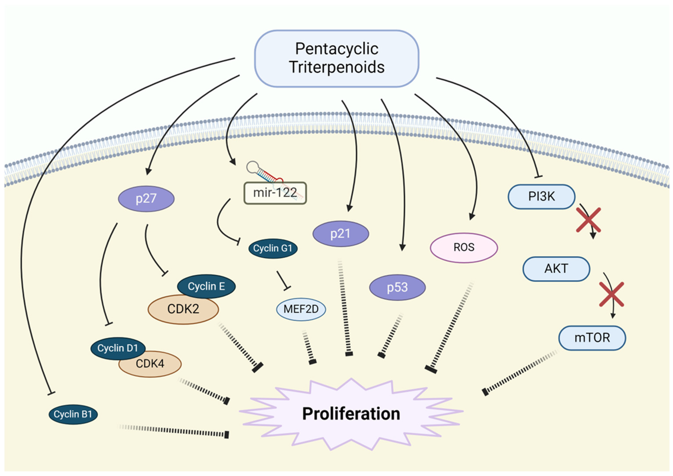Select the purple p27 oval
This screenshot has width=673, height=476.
tap(146, 199)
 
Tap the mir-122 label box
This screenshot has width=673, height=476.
tap(275, 193)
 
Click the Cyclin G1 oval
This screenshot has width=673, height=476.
tap(273, 248)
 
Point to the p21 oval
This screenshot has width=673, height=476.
tap(340, 234)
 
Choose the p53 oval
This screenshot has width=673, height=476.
tap(397, 287)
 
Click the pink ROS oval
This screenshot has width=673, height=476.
tap(463, 247)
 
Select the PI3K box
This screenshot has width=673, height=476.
tap(541, 197)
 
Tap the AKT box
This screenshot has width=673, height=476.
tap(556, 269)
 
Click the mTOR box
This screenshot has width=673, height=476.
tap(592, 338)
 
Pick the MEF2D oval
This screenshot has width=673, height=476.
tap(301, 309)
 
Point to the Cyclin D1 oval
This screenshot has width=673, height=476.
tap(118, 348)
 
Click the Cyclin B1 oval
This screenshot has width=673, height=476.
tap(73, 414)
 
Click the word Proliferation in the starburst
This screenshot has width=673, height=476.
tap(351, 414)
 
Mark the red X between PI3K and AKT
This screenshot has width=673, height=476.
tap(588, 220)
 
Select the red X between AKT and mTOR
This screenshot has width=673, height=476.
tap(611, 294)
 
